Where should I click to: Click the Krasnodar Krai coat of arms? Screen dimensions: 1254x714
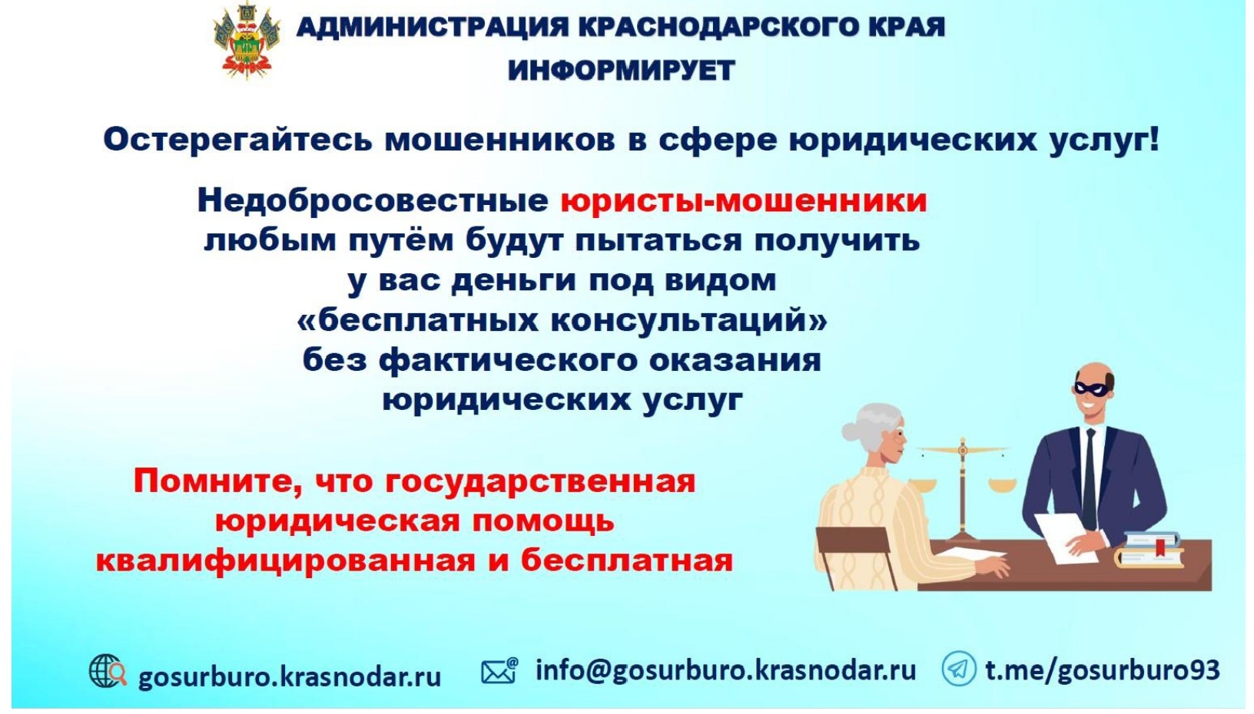[x=247, y=41]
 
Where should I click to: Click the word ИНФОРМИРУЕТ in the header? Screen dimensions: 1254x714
[x=621, y=71]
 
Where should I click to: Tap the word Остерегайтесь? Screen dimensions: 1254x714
[x=237, y=140]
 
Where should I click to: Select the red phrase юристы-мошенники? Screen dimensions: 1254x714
[x=744, y=201]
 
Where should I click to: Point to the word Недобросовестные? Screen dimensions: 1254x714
[x=373, y=201]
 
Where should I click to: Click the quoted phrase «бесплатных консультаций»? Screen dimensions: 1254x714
[x=562, y=321]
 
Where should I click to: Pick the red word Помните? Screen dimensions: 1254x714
[x=219, y=482]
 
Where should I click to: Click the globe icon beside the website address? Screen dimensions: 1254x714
[x=108, y=671]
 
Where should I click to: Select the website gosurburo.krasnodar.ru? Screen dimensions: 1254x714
[x=290, y=676]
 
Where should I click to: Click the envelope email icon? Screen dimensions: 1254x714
[x=499, y=670]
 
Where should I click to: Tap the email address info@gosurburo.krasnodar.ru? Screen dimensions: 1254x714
[x=725, y=670]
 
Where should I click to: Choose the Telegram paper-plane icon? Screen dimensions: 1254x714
[x=958, y=669]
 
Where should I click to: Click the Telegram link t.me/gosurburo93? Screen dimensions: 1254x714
[x=1102, y=670]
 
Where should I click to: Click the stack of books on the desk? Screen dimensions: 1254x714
[x=1149, y=550]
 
